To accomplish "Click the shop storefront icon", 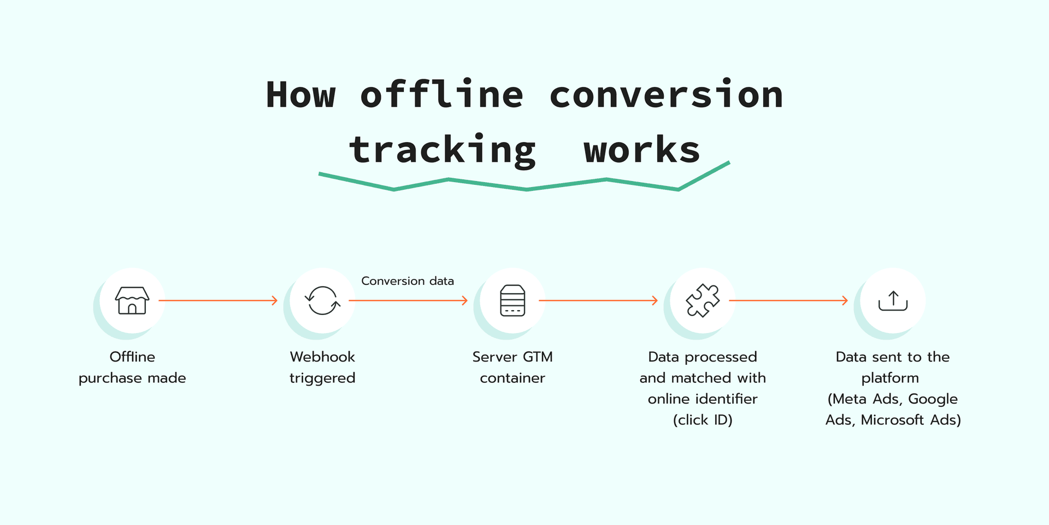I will [x=132, y=300].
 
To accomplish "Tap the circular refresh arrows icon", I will [x=322, y=300].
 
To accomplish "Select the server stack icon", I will [x=512, y=300].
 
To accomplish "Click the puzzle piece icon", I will [x=703, y=300].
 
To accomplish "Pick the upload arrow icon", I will [x=893, y=300].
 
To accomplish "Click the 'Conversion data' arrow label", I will [x=408, y=281].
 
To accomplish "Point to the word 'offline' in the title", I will [x=441, y=95].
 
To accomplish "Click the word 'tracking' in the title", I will [x=443, y=150].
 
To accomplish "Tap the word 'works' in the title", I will [x=641, y=150].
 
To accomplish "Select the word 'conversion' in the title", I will [x=666, y=95].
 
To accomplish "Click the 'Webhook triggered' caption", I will [x=322, y=367].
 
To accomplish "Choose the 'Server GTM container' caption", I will [x=512, y=367].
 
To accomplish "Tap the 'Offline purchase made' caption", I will [x=132, y=367].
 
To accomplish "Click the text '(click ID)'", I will [x=703, y=419].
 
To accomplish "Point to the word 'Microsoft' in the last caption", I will [x=892, y=419].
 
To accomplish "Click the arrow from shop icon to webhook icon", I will [x=219, y=300].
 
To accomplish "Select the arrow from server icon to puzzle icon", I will [x=598, y=300].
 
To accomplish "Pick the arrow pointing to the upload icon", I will [x=788, y=300].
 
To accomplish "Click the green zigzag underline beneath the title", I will [x=526, y=189].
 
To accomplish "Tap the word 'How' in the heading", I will [x=300, y=95].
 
